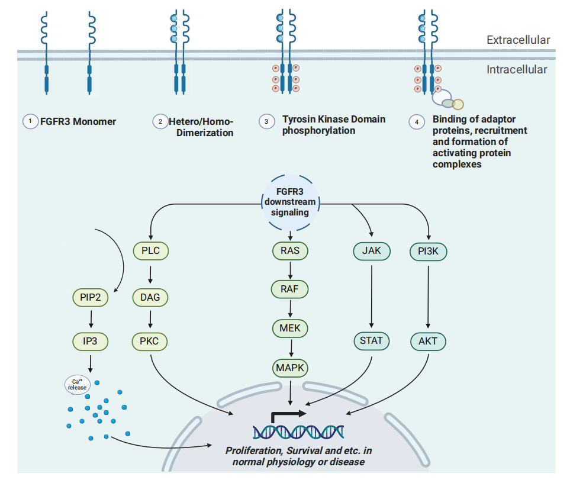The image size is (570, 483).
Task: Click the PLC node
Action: [150, 251]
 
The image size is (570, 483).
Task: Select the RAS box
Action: [290, 251]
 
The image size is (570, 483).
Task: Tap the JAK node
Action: [371, 251]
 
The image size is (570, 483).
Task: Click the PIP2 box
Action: [91, 298]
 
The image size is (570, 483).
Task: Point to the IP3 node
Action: [91, 341]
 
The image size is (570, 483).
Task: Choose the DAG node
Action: [150, 298]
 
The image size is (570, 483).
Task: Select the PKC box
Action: [150, 341]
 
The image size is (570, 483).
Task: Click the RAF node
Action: [290, 289]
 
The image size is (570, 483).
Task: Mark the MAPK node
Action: [290, 368]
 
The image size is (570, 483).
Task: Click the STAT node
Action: [371, 341]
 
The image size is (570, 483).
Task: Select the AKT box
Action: [429, 342]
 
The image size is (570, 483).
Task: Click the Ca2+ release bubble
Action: [77, 385]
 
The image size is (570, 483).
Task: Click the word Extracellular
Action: [518, 40]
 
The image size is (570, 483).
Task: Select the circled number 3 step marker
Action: [266, 121]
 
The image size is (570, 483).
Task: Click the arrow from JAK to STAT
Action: [371, 296]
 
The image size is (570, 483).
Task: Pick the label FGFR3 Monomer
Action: [78, 121]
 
